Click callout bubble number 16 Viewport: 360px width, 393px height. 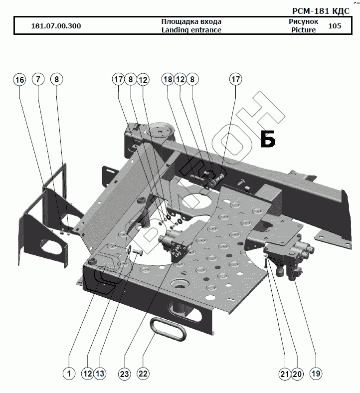tap(19, 80)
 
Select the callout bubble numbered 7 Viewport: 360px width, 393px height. tap(38, 80)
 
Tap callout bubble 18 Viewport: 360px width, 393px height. tap(168, 80)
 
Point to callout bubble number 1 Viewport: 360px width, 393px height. tap(68, 373)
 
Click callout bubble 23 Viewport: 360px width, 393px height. tap(124, 373)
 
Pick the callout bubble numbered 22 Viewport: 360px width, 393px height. tap(143, 373)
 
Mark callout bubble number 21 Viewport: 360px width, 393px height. tap(284, 373)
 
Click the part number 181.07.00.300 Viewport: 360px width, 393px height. tap(56, 26)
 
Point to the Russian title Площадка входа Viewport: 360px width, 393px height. tap(191, 21)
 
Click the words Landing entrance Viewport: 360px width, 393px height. tap(191, 30)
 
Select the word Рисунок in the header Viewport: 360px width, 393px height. tap(303, 21)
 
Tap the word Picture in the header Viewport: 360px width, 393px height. tap(303, 30)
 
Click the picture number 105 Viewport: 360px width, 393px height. tap(335, 26)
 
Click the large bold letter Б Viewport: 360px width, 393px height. tap(268, 140)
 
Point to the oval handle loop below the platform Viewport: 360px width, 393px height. tap(167, 329)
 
